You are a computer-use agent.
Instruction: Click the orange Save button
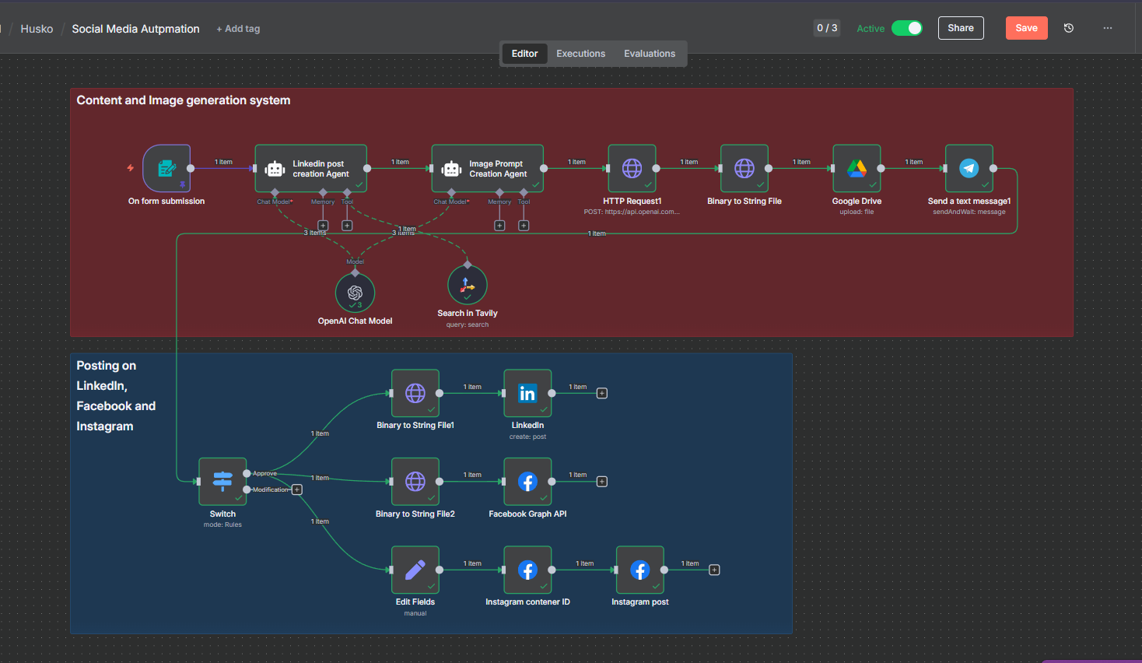point(1026,28)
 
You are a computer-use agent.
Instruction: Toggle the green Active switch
point(906,28)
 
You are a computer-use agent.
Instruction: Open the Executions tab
point(580,54)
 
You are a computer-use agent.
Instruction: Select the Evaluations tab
point(649,54)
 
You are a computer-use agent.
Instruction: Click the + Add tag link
point(238,29)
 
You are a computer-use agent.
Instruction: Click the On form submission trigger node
point(166,168)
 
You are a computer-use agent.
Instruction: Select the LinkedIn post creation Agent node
point(310,168)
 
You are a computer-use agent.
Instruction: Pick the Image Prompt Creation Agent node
point(487,168)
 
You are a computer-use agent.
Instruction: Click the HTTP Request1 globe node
point(632,168)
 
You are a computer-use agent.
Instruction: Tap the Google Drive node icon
point(856,168)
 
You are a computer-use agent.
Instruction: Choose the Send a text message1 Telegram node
point(969,168)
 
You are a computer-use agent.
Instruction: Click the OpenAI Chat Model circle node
point(355,293)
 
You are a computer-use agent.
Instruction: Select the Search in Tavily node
point(467,285)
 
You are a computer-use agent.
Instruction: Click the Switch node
point(222,481)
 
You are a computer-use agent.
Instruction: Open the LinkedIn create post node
point(527,393)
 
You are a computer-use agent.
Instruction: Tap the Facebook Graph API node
point(527,481)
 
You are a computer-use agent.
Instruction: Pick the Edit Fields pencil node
point(415,570)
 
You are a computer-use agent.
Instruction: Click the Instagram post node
point(639,570)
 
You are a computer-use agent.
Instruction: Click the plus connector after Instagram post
point(714,570)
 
